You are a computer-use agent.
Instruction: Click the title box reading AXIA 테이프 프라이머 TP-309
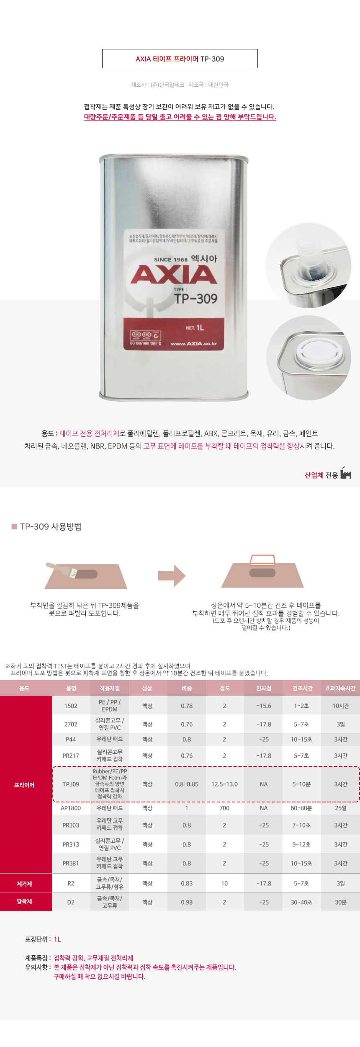180,59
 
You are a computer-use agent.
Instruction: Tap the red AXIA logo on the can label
174,275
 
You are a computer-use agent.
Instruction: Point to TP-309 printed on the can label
195,299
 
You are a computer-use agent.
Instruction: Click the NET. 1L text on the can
195,328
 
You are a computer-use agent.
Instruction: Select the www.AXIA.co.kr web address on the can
194,343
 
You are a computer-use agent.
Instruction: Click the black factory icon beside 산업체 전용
346,474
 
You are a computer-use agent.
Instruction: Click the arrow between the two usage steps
172,575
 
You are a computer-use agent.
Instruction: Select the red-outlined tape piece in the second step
262,560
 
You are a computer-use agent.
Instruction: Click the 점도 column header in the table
225,688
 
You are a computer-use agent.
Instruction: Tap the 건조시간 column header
302,688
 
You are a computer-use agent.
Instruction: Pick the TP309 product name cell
71,784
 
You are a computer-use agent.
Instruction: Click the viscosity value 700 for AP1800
224,808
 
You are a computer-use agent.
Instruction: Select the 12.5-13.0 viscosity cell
224,784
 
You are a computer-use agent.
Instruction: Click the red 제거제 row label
24,884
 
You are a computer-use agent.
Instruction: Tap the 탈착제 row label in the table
24,901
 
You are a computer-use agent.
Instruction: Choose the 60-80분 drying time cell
301,808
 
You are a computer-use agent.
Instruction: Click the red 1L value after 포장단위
57,939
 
